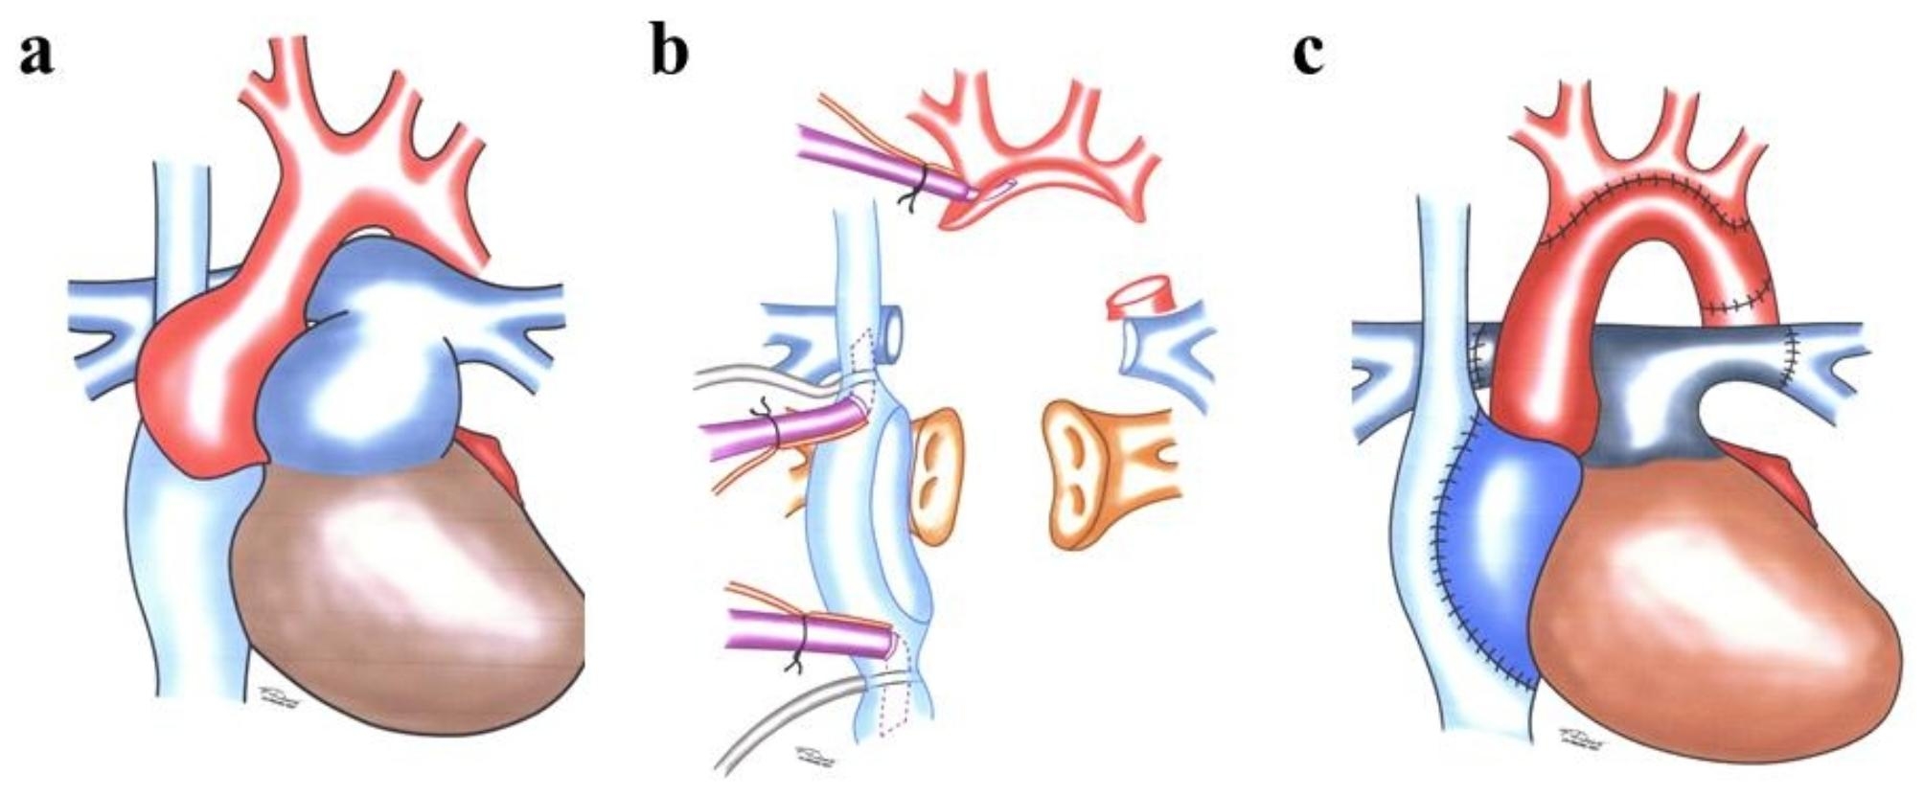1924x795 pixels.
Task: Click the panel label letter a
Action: point(35,55)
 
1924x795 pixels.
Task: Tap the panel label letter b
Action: point(669,52)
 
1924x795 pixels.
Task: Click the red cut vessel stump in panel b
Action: point(1140,298)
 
